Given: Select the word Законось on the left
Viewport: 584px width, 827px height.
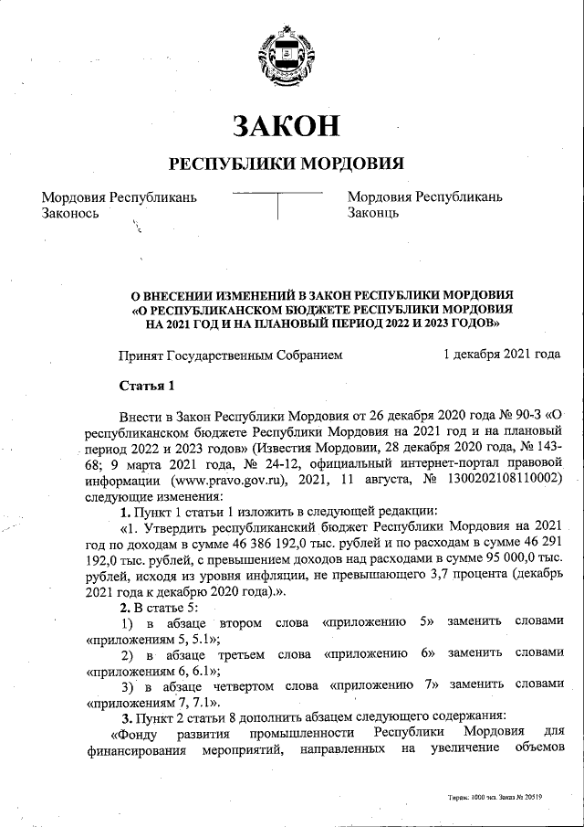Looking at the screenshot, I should pos(74,213).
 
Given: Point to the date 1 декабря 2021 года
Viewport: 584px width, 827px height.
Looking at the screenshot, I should pos(501,355).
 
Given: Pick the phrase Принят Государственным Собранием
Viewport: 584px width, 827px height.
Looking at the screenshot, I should pos(231,355).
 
